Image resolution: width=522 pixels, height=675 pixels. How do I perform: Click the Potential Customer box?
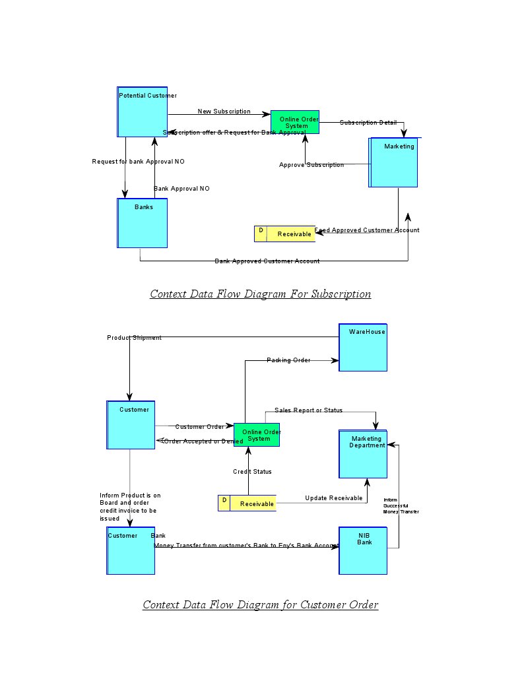[142, 112]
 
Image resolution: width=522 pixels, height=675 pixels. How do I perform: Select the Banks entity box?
[142, 223]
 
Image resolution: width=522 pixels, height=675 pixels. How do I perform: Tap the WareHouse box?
[362, 347]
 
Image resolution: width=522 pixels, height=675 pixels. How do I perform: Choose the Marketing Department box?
[362, 454]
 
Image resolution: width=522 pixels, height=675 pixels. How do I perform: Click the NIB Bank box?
[362, 550]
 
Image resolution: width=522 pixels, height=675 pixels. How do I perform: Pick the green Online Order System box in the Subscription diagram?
[295, 122]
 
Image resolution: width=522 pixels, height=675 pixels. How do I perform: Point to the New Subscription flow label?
[224, 112]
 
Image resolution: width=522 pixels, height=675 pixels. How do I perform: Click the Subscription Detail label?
[368, 123]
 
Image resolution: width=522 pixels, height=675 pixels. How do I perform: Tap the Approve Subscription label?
[311, 165]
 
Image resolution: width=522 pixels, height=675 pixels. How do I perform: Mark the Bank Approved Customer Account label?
[267, 261]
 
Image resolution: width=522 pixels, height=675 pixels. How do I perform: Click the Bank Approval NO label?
[181, 189]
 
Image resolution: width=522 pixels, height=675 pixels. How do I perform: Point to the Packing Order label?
[288, 360]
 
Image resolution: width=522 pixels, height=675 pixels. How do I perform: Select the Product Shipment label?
[134, 338]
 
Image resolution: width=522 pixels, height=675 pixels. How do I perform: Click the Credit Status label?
[252, 472]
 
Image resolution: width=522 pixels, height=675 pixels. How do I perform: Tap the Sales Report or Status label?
[308, 410]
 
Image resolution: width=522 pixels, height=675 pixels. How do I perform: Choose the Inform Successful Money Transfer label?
[401, 506]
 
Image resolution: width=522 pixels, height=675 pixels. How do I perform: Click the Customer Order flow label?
[199, 427]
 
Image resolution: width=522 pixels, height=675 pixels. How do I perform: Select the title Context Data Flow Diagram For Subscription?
[260, 294]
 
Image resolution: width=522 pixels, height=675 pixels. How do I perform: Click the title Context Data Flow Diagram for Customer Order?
[260, 605]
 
